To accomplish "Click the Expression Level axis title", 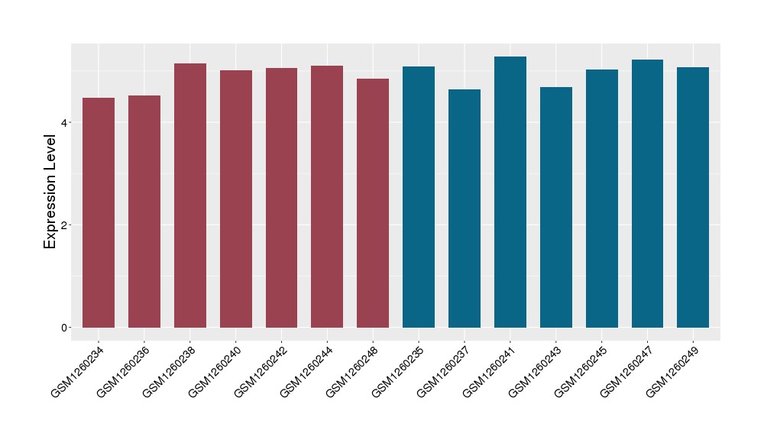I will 50,192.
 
